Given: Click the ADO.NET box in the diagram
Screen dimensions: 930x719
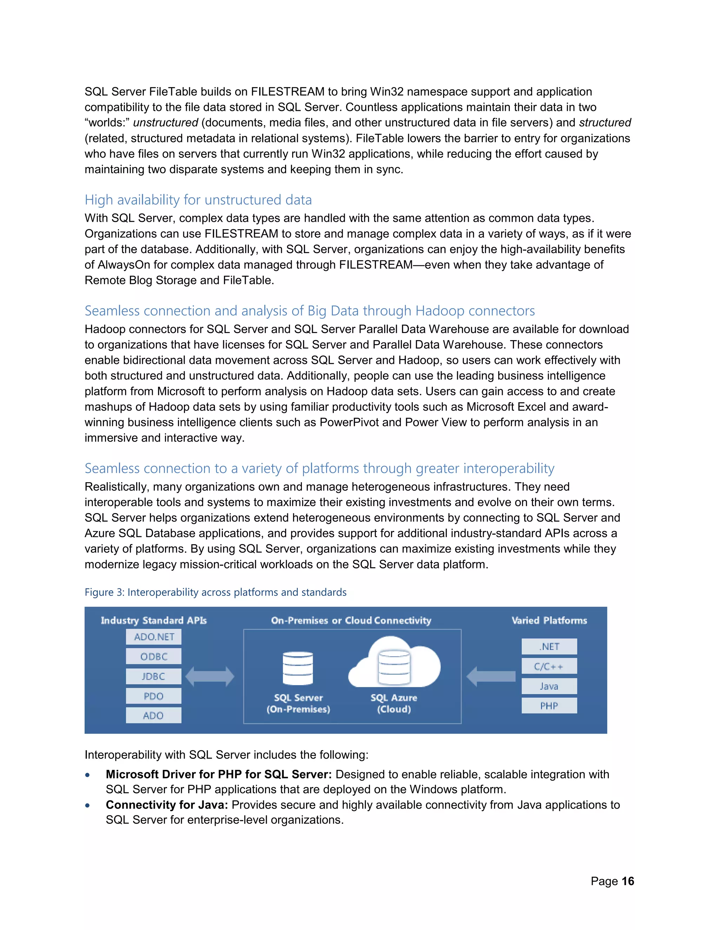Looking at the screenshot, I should (x=153, y=637).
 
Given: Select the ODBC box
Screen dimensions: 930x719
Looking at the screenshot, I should (x=153, y=656).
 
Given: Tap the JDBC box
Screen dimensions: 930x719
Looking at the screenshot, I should (x=153, y=676).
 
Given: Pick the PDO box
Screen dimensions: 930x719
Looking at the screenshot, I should (x=153, y=696).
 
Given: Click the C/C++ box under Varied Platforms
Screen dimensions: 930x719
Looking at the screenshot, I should (x=549, y=666).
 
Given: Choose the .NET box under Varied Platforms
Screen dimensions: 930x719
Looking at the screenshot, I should (x=549, y=646).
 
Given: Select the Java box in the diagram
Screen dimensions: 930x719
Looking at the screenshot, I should (x=549, y=686).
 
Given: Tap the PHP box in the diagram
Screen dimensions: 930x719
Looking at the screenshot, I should (x=549, y=706).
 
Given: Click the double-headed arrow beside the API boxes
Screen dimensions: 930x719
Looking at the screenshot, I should (x=210, y=676).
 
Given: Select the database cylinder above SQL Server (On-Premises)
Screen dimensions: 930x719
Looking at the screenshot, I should (x=298, y=669).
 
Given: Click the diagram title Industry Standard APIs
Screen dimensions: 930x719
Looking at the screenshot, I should (x=153, y=620).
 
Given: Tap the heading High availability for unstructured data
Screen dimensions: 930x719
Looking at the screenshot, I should (x=198, y=200).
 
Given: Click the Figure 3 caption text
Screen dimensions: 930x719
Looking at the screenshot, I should (x=216, y=592).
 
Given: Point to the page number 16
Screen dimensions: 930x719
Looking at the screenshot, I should (x=628, y=881).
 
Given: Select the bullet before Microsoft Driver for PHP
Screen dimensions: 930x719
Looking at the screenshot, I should (x=88, y=775).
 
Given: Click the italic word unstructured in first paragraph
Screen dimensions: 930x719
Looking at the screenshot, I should (x=165, y=122).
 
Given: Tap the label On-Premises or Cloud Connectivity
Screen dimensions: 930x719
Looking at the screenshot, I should (x=351, y=620).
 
